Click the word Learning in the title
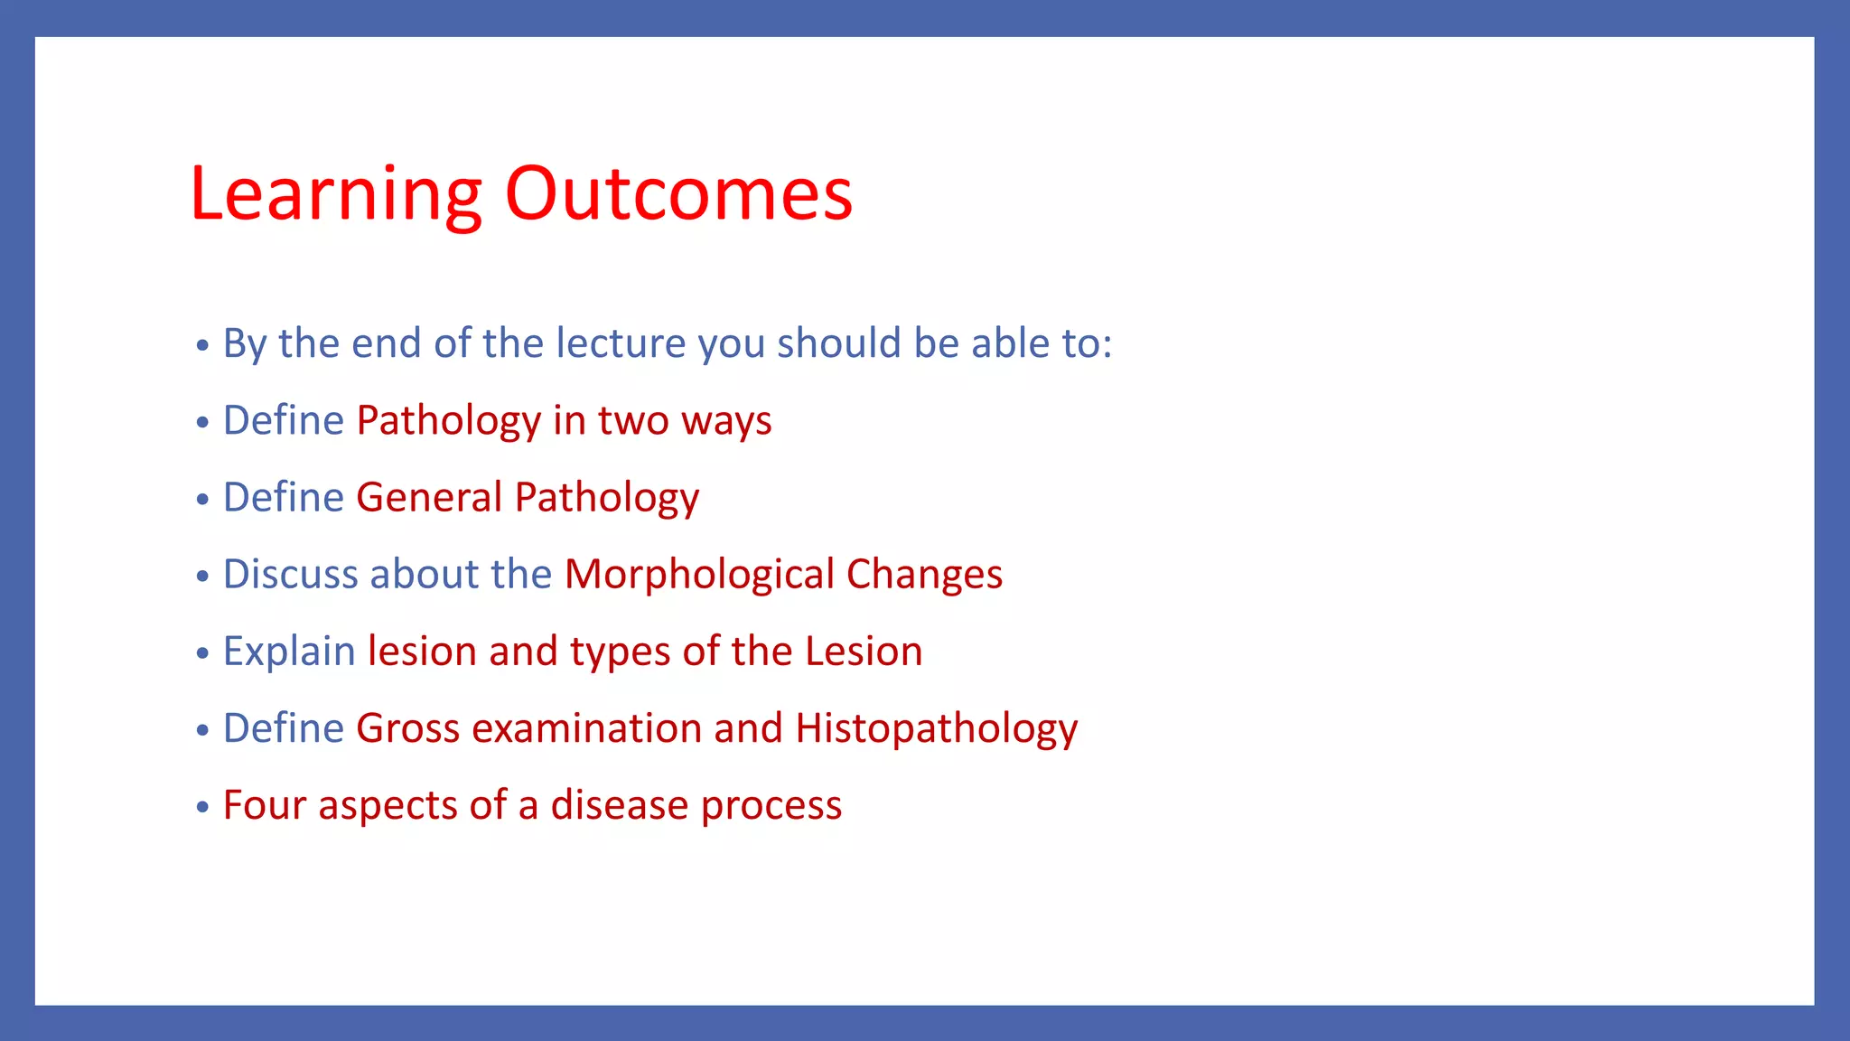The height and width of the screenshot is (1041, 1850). (x=335, y=195)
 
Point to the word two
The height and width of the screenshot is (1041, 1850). (x=632, y=421)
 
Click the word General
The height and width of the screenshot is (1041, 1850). (x=429, y=498)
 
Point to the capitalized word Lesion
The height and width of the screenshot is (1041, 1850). (x=864, y=652)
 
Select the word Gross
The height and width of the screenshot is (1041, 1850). (x=407, y=728)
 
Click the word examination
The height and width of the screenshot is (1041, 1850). (x=586, y=728)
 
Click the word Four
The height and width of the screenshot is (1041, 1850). (x=265, y=805)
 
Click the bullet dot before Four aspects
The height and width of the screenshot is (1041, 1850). (x=203, y=806)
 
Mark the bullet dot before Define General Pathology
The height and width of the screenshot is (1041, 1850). (x=203, y=499)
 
